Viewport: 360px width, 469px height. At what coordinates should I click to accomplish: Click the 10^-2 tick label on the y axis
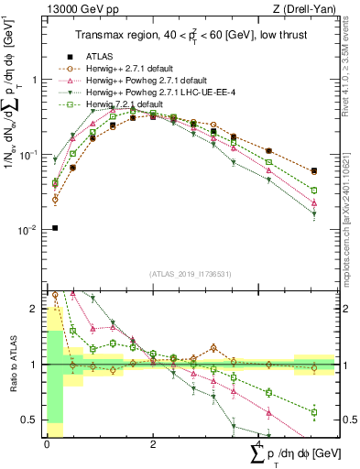28,230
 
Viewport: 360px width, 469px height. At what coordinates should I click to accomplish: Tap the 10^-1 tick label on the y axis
28,155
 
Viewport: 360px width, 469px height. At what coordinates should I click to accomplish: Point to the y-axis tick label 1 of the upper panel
34,80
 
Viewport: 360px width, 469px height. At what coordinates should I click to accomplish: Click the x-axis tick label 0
47,443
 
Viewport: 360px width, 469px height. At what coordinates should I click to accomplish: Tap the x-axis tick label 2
152,443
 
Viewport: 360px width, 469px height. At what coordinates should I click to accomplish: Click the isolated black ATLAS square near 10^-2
55,228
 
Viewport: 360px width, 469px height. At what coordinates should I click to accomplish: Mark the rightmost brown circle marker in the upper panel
314,171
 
